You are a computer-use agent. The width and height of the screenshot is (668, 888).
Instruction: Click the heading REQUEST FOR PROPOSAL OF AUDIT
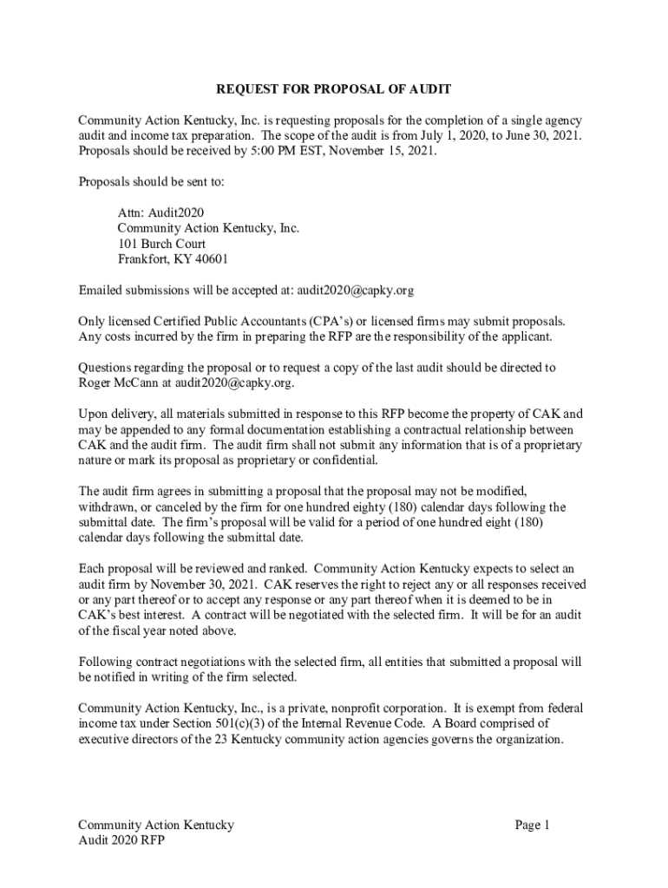(x=334, y=89)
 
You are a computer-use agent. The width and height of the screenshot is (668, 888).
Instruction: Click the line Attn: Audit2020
(x=161, y=212)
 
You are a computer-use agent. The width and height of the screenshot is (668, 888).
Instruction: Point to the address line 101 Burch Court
(x=161, y=244)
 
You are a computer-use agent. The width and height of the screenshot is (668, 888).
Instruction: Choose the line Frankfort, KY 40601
(x=174, y=259)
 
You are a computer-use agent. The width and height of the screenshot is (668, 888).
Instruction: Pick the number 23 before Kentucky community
(x=253, y=740)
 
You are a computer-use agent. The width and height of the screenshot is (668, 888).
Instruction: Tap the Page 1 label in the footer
(x=532, y=826)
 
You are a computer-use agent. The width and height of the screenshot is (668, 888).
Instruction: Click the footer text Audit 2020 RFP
(x=121, y=841)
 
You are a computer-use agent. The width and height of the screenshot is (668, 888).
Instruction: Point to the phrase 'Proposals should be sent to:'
(x=152, y=182)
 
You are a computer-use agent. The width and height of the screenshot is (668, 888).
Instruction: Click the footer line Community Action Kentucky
(x=156, y=826)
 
